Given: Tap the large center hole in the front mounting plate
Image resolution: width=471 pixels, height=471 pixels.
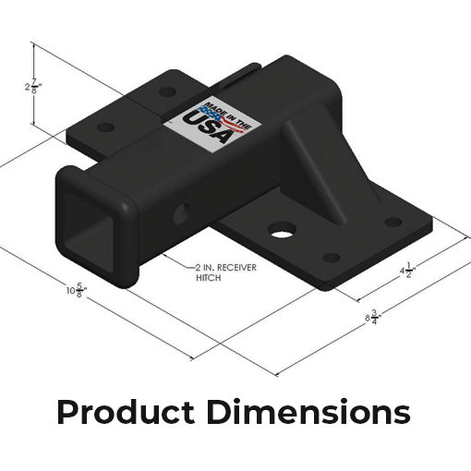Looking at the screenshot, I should tap(283, 230).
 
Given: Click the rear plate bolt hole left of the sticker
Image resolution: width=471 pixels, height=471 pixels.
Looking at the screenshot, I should tap(106, 127).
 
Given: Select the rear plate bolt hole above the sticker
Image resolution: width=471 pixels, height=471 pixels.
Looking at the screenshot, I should tap(166, 92).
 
